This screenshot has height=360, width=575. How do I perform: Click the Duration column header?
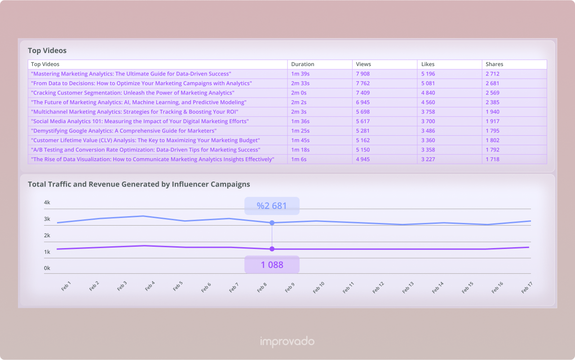[302, 64]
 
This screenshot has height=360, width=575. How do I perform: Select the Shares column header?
[494, 64]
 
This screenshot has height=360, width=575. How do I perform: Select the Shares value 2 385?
[492, 102]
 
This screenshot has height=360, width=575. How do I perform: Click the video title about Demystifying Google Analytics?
[124, 131]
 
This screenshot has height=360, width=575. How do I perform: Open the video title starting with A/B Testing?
[145, 150]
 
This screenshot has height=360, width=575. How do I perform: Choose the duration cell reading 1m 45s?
[300, 140]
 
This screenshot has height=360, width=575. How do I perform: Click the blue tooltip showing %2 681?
[272, 206]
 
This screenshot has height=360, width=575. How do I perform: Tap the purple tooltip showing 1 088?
[272, 265]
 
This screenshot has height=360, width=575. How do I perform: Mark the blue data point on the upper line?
[272, 223]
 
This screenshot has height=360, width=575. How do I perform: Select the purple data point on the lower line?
[272, 249]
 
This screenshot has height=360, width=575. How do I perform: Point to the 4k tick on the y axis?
[47, 203]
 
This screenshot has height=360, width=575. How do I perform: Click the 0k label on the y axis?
[47, 268]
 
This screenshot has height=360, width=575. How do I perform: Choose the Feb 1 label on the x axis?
[66, 286]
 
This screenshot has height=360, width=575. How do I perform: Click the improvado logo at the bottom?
[287, 342]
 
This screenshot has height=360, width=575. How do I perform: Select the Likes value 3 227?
[428, 159]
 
